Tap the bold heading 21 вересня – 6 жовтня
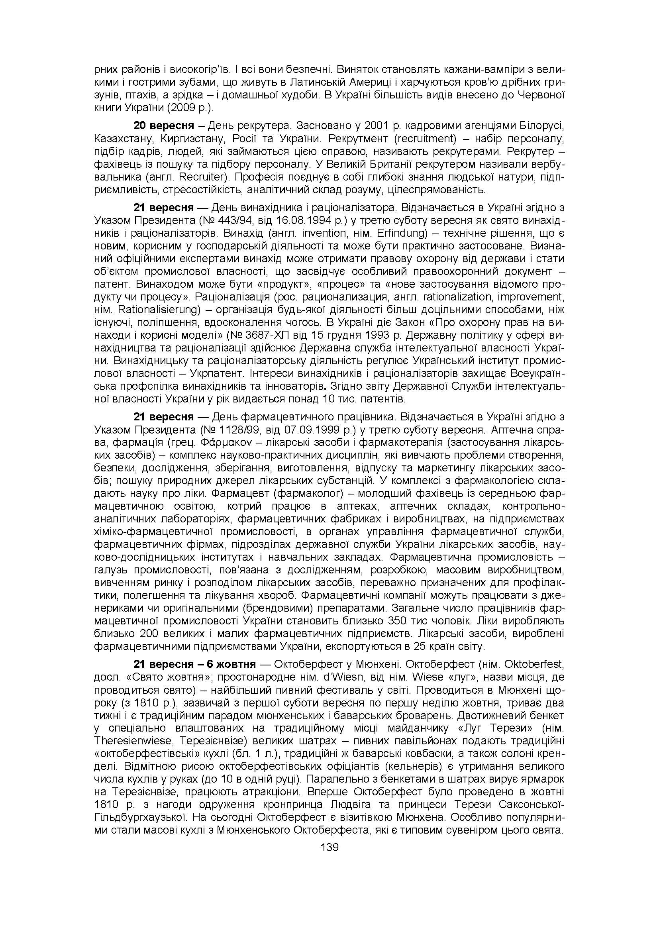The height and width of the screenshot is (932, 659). (195, 665)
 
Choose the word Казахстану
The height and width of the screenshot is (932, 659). (124, 139)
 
